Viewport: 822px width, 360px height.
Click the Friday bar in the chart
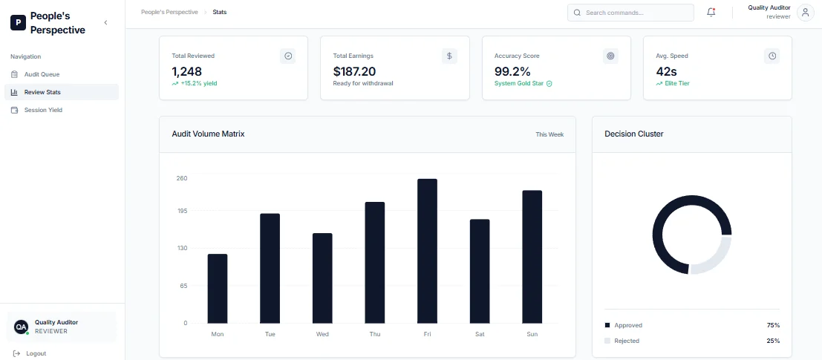(x=427, y=251)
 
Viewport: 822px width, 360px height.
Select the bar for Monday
(x=218, y=289)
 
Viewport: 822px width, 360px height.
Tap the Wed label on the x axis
(x=322, y=334)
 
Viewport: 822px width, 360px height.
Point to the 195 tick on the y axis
(x=181, y=211)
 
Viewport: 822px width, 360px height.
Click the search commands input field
(x=630, y=13)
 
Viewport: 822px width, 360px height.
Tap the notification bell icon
(x=711, y=13)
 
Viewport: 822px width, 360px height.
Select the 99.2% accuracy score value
(x=512, y=71)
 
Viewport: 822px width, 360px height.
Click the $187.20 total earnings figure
(x=354, y=71)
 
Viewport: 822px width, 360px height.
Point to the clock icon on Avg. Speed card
(x=772, y=56)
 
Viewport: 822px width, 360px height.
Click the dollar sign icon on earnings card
(x=449, y=56)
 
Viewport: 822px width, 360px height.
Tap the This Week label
(x=549, y=134)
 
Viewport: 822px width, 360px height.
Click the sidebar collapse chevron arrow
(x=106, y=22)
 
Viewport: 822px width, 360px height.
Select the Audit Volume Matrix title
(x=208, y=134)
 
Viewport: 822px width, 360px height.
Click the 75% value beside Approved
(x=773, y=325)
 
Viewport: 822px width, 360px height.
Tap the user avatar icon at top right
(x=805, y=13)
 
